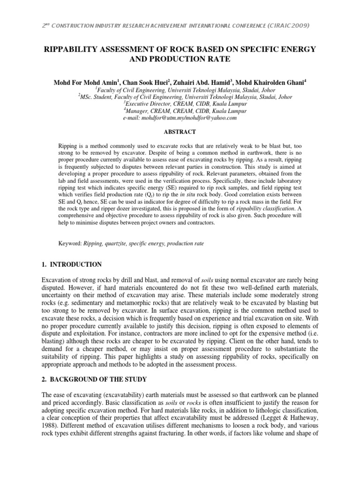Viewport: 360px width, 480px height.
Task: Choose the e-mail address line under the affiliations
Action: point(180,119)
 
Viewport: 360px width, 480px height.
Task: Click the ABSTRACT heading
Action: point(180,133)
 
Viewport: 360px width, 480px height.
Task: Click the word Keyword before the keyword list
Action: point(69,243)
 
